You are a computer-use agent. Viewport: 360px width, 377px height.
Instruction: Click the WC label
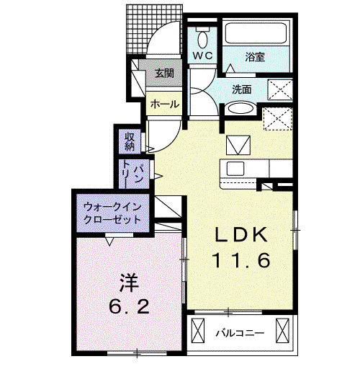coord(203,56)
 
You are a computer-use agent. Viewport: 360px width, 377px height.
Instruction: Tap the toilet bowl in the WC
coord(203,40)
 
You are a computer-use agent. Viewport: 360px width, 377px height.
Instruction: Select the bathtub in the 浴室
coord(256,32)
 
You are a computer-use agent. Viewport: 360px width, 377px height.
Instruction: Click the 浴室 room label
coord(255,57)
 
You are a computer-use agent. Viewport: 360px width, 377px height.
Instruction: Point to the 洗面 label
coord(242,89)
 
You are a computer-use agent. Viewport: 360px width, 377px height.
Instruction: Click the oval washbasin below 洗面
coord(240,108)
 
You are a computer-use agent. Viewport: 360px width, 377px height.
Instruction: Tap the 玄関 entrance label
coord(164,74)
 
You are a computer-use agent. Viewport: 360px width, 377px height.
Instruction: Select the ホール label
coord(165,105)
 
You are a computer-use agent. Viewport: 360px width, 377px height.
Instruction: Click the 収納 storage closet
coord(130,141)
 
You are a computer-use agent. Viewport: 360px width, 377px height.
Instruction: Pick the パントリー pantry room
coord(134,174)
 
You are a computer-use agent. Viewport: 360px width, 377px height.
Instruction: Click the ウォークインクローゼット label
coord(112,213)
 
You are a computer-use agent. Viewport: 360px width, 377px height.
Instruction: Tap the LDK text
coord(241,235)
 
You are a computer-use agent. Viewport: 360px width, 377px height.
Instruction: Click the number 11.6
coord(241,260)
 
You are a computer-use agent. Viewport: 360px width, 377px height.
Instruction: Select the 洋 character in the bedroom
coord(130,283)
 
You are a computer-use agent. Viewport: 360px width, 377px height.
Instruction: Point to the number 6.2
coord(129,306)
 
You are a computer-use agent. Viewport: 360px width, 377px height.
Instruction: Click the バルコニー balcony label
coord(240,333)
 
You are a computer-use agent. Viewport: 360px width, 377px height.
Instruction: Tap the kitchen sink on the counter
coord(235,168)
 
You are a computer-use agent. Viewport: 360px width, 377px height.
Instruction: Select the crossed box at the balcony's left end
coord(198,330)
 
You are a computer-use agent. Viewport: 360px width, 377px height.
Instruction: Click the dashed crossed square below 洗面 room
coord(278,119)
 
